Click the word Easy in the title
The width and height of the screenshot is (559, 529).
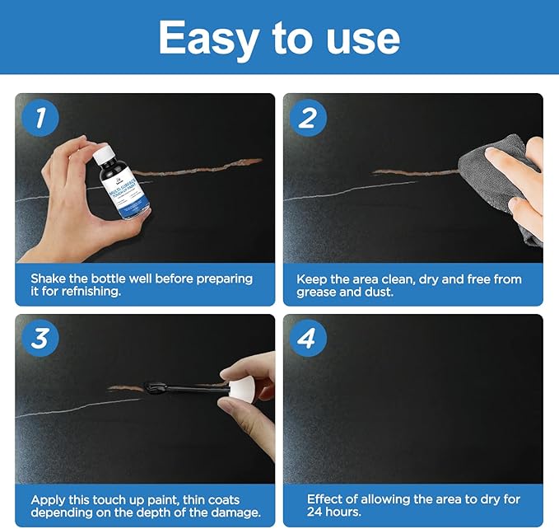coord(208,40)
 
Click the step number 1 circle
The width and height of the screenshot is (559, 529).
coord(40,118)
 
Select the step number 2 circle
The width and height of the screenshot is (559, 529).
coord(308,118)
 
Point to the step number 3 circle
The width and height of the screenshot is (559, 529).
coord(40,338)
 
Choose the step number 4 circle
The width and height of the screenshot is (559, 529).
coord(308,338)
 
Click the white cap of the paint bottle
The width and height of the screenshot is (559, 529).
coord(104,154)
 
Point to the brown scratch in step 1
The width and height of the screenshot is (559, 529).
coord(199,167)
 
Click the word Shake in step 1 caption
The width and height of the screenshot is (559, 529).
coord(48,279)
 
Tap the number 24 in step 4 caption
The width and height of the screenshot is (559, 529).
coord(314,512)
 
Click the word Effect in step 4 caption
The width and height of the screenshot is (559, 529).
coord(324,499)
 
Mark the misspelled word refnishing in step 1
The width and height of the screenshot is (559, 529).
coord(91,292)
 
